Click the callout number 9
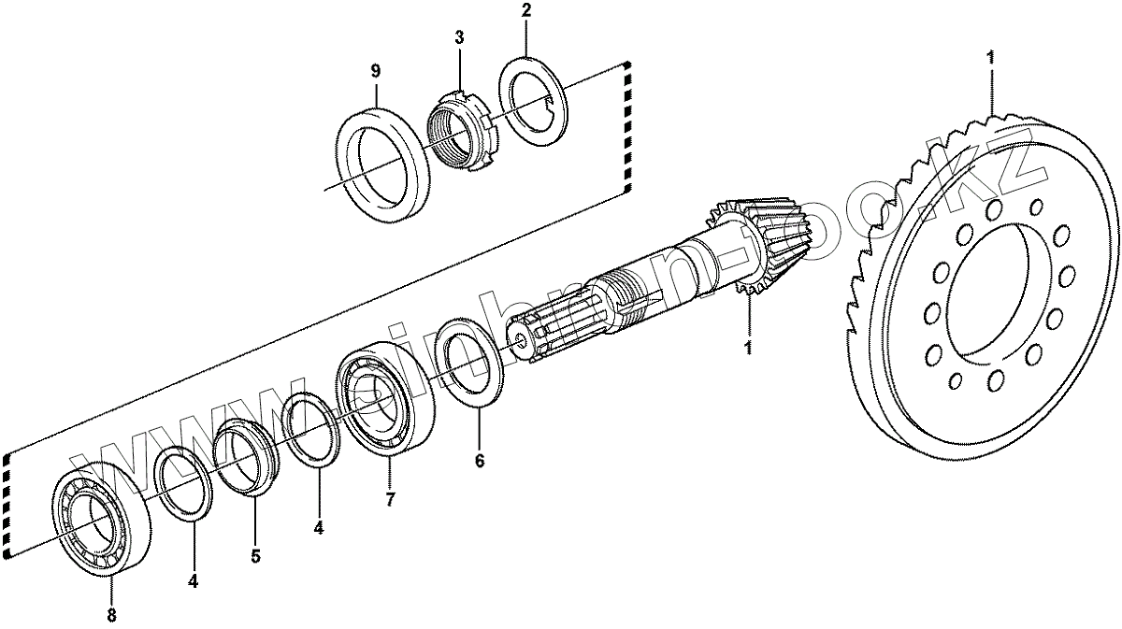(375, 71)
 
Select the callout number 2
(525, 12)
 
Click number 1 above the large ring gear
(990, 57)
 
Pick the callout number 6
(480, 461)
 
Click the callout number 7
(390, 499)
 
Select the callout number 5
(255, 555)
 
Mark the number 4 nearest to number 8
(193, 580)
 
